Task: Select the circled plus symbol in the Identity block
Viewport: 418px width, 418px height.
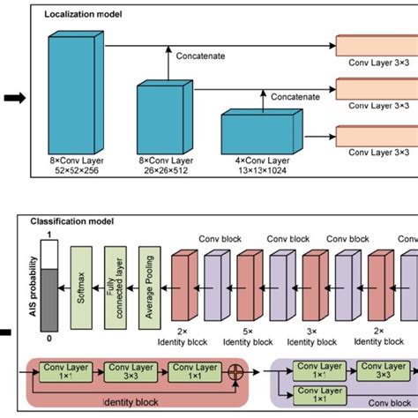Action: (235, 377)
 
